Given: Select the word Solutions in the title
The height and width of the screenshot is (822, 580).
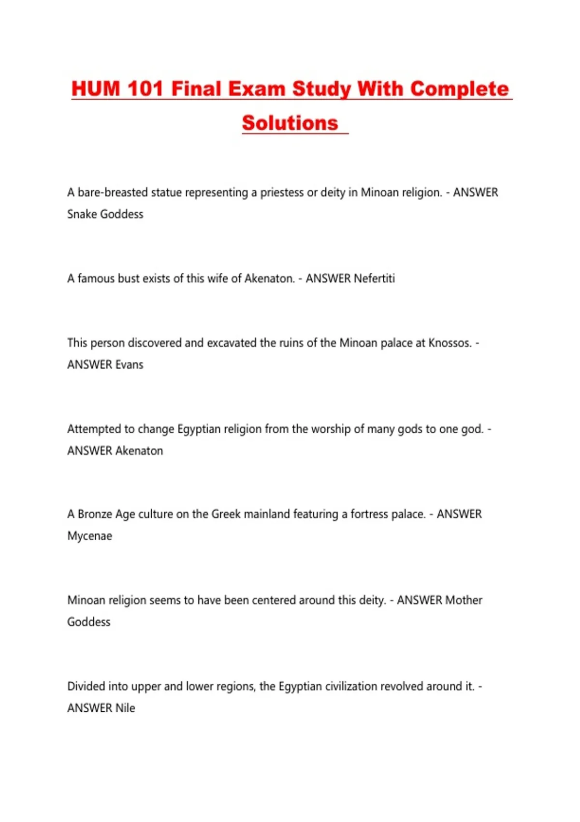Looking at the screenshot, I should [290, 123].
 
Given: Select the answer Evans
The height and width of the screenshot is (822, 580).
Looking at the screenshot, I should [129, 365].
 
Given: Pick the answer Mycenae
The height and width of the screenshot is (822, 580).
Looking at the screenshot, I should [90, 536].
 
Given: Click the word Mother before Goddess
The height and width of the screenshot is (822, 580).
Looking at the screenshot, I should [464, 600].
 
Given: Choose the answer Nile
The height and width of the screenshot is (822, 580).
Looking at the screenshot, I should [125, 708].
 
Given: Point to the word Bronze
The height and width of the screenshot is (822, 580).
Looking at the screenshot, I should [95, 514].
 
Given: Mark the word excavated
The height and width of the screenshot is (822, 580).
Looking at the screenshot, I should [232, 343].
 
